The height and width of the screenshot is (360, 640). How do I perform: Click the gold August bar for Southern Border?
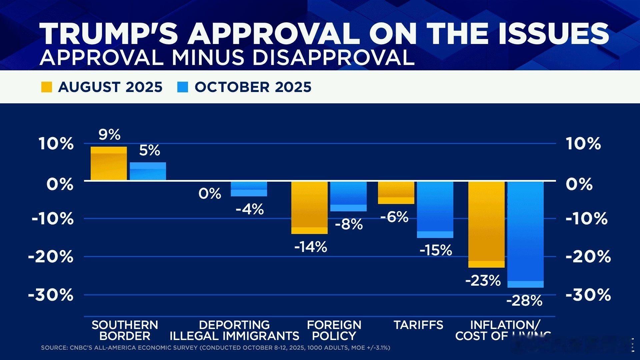(109, 163)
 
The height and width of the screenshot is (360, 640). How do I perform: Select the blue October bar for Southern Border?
(148, 171)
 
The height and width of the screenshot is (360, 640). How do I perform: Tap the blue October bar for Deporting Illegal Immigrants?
(249, 189)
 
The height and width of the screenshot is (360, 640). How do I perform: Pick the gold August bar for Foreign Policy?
(309, 207)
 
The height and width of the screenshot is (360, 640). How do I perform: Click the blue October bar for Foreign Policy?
(348, 196)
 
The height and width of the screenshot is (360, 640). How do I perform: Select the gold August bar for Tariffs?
(396, 192)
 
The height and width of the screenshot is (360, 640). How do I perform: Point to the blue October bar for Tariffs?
(435, 209)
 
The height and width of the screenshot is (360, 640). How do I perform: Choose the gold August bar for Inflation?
(486, 224)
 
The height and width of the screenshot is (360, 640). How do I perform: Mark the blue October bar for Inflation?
(525, 234)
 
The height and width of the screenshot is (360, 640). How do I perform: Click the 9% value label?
(109, 135)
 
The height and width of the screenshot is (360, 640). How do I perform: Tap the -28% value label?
(524, 301)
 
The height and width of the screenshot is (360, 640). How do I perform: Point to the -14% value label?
(311, 247)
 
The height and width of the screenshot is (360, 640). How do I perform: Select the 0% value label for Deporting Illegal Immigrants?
(210, 194)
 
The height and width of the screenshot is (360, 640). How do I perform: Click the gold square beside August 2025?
(47, 87)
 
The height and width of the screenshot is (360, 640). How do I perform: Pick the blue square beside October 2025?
(183, 87)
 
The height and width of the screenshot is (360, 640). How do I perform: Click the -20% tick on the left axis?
(51, 257)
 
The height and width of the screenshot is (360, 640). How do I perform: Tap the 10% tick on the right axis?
(583, 144)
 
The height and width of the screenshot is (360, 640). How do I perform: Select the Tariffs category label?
(418, 325)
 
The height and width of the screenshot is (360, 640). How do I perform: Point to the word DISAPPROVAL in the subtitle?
(333, 57)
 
